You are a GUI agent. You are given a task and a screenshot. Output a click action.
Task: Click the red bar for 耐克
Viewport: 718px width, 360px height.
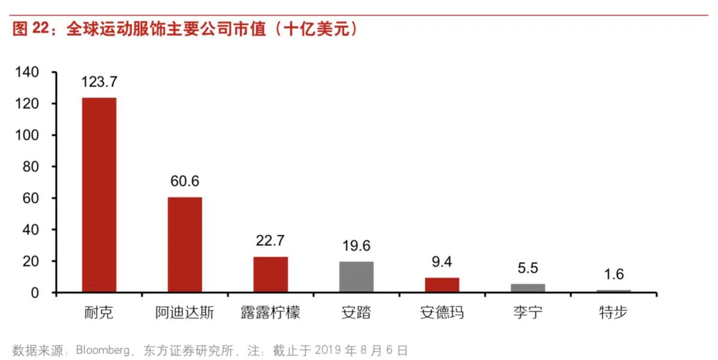tap(99, 195)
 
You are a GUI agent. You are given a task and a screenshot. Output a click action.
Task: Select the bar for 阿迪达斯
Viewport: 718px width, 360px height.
tap(185, 245)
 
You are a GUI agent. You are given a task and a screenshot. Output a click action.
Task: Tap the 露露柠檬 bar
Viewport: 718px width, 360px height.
tap(270, 274)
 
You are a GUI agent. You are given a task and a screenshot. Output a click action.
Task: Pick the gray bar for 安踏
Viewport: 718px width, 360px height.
tap(356, 277)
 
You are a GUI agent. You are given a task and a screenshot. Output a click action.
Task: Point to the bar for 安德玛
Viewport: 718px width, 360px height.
tap(442, 285)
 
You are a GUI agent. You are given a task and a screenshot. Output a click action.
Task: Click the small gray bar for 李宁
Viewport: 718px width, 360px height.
tap(528, 288)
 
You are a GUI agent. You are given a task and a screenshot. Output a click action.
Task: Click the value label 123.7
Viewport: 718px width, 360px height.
tap(99, 82)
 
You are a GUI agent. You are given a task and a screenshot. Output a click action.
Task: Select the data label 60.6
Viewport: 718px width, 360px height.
tap(185, 181)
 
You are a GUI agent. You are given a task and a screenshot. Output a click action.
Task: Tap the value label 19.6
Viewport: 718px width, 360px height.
tap(356, 246)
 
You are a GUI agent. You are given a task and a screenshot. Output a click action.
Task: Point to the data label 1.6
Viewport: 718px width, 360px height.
tap(613, 274)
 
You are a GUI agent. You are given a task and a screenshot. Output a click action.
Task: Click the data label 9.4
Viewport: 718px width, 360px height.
tap(442, 263)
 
